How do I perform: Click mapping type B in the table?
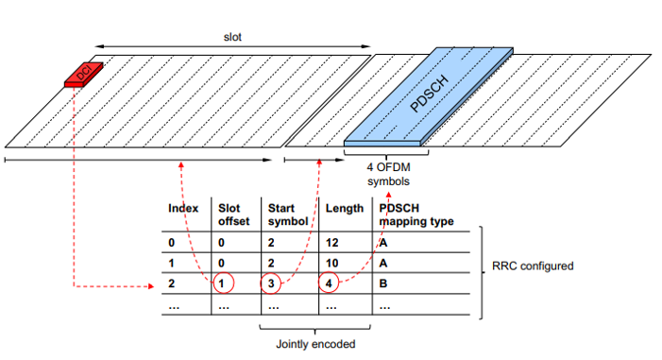[382, 283]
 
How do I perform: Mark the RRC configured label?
[534, 266]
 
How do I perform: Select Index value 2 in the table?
[172, 283]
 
